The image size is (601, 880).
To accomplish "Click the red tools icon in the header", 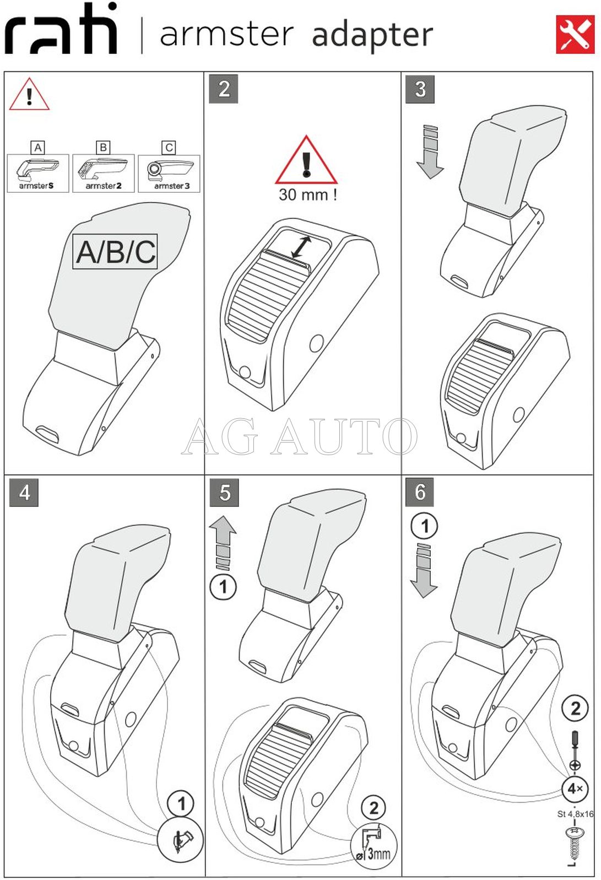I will point(575,35).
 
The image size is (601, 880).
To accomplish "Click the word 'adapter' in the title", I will point(372,35).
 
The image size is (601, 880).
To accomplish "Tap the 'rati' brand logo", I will point(61,30).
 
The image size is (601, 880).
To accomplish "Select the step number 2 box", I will point(224,89).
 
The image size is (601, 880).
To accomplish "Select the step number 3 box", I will point(420,89).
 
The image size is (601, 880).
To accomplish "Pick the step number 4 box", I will point(24,492).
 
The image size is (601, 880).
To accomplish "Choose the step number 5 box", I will point(224,493).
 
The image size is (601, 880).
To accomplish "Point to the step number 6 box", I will point(420,492).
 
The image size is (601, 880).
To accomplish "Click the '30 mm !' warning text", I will point(307,195).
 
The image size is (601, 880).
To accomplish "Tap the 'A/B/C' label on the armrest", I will point(115,252).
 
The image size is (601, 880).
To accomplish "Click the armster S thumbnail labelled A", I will point(37,173).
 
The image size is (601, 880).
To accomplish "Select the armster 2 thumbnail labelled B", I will point(103,173).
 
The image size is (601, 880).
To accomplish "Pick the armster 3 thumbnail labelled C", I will point(169,173).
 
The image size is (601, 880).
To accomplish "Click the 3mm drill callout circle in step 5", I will point(373,845).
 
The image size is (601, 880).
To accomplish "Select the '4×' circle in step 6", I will point(575,789).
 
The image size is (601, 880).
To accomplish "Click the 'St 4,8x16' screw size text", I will point(575,814).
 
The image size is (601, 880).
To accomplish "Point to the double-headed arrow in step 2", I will point(301,247).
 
